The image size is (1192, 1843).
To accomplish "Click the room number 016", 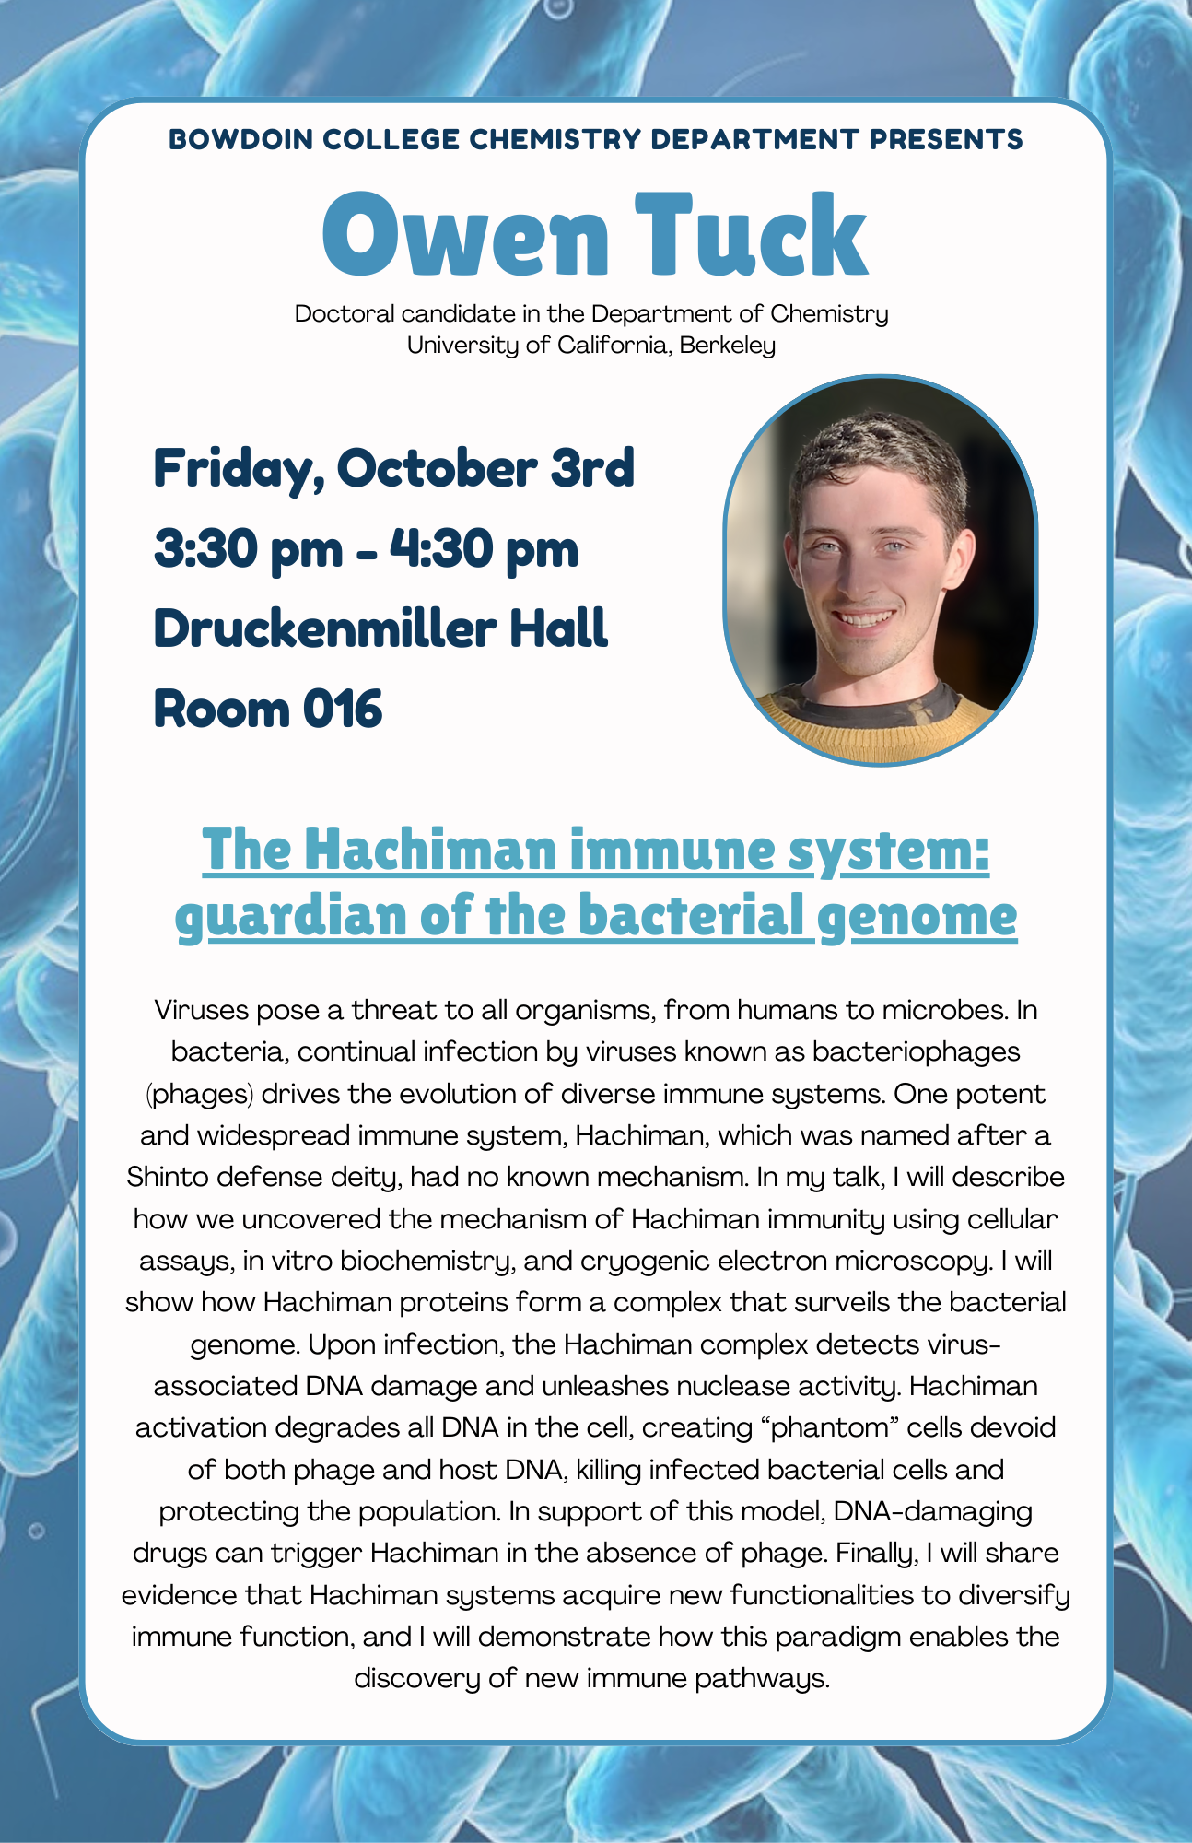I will [x=342, y=710].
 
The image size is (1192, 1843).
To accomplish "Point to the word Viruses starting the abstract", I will [x=202, y=1011].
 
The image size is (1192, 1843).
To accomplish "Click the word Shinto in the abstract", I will [x=168, y=1178].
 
